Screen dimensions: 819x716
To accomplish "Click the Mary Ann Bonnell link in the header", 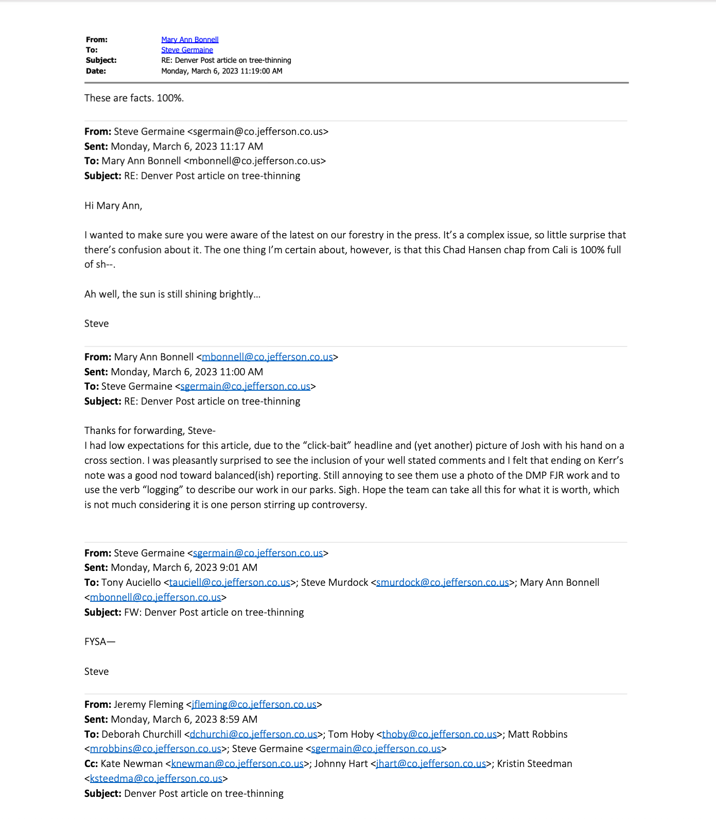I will point(189,40).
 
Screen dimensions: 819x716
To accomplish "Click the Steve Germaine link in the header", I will point(187,50).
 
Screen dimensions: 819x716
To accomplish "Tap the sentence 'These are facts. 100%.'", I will point(134,98).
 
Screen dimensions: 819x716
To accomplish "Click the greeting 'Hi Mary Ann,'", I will point(113,205).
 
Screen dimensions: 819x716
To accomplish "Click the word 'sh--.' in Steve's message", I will point(105,265).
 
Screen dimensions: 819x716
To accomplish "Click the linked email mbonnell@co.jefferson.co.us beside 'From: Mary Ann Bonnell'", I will point(267,357).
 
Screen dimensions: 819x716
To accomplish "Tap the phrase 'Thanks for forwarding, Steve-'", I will point(150,430).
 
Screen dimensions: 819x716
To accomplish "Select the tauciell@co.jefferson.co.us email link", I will point(230,582).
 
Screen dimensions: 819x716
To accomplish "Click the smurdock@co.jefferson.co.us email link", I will point(442,582).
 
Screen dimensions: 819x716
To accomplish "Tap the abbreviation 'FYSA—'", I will point(100,641).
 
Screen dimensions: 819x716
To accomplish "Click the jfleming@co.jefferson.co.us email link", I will point(254,704).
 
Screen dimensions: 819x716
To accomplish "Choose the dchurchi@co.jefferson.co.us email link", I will point(253,734).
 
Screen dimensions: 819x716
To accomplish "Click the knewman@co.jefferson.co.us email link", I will point(237,763).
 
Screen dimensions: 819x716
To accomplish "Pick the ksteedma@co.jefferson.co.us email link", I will point(156,778).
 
